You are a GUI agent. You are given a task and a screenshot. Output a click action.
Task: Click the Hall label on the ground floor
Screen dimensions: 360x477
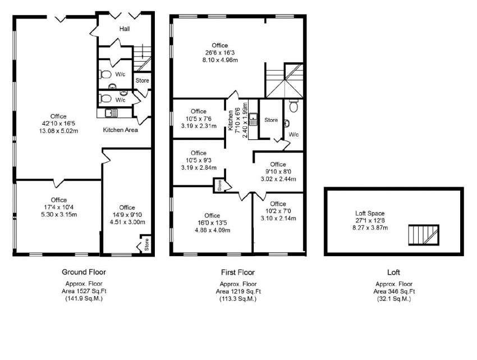[x=125, y=29]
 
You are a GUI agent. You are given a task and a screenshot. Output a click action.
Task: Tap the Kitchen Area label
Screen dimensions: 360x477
[x=120, y=130]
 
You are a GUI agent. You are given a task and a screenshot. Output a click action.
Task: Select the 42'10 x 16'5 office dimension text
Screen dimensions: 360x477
[x=58, y=124]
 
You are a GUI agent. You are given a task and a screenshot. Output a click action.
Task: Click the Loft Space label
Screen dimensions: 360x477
[x=369, y=213]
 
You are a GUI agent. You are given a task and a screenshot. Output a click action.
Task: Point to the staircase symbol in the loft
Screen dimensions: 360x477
[x=421, y=234]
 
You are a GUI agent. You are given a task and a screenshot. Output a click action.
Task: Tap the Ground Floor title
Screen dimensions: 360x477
[x=84, y=272]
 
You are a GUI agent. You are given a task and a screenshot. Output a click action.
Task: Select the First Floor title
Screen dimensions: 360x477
[x=237, y=272]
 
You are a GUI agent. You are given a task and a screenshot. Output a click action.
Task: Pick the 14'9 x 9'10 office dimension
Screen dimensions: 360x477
[x=127, y=215]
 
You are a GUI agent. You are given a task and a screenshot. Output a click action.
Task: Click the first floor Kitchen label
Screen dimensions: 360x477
[x=231, y=119]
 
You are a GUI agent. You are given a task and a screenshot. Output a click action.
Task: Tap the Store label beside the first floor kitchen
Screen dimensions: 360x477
[x=271, y=120]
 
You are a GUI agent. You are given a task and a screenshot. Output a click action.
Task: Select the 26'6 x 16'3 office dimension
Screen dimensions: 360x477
[x=219, y=53]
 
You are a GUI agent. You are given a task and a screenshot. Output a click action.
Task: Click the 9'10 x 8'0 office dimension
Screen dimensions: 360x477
[x=278, y=172]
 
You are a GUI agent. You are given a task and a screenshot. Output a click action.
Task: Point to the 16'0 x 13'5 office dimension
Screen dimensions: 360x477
[x=212, y=223]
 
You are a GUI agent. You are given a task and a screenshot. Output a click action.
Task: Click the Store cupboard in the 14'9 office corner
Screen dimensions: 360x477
[x=145, y=245]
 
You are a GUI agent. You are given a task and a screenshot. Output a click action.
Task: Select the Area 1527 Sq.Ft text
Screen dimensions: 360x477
[x=84, y=291]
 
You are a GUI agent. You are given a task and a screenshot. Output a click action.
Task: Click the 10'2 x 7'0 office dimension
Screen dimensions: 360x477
[x=278, y=211]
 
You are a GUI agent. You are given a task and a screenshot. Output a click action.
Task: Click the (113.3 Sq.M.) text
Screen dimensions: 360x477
[x=237, y=299]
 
